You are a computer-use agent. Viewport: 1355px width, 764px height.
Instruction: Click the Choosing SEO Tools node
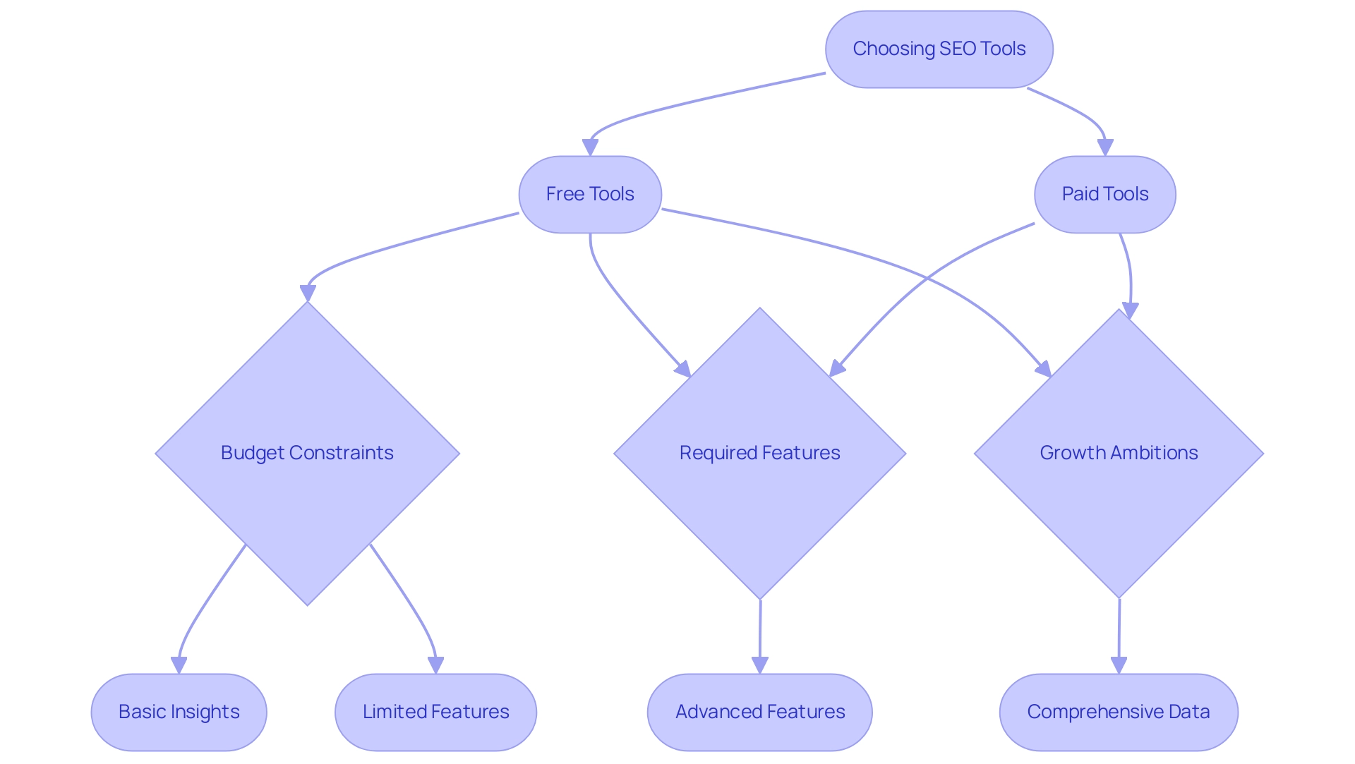pyautogui.click(x=939, y=49)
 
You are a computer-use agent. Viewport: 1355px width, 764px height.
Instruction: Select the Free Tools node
pyautogui.click(x=590, y=194)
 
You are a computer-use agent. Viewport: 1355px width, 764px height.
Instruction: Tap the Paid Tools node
pyautogui.click(x=1104, y=194)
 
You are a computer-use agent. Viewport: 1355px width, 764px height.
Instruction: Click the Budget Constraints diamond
pyautogui.click(x=307, y=453)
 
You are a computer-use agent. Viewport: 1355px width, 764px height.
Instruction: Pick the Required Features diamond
pyautogui.click(x=759, y=453)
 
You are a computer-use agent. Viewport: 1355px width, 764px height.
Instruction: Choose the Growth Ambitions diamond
pyautogui.click(x=1119, y=453)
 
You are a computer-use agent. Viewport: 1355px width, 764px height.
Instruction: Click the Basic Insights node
pyautogui.click(x=179, y=712)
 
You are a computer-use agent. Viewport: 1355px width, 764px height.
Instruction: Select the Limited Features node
pyautogui.click(x=435, y=712)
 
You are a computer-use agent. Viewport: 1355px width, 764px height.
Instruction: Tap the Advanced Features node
pyautogui.click(x=759, y=712)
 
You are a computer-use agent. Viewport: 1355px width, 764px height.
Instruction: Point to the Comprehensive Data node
pyautogui.click(x=1119, y=712)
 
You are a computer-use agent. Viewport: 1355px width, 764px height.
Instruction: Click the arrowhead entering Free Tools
pyautogui.click(x=590, y=147)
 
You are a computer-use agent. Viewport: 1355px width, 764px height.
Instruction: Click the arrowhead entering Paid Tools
pyautogui.click(x=1105, y=147)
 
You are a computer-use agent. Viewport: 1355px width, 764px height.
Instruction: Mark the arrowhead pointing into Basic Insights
pyautogui.click(x=179, y=665)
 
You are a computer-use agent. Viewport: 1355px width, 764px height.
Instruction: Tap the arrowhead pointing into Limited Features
pyautogui.click(x=435, y=665)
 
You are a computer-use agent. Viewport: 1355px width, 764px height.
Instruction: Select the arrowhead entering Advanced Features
pyautogui.click(x=759, y=665)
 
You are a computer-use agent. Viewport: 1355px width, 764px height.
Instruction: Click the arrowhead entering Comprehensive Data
pyautogui.click(x=1119, y=665)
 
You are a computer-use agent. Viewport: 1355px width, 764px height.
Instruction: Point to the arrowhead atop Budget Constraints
pyautogui.click(x=308, y=293)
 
